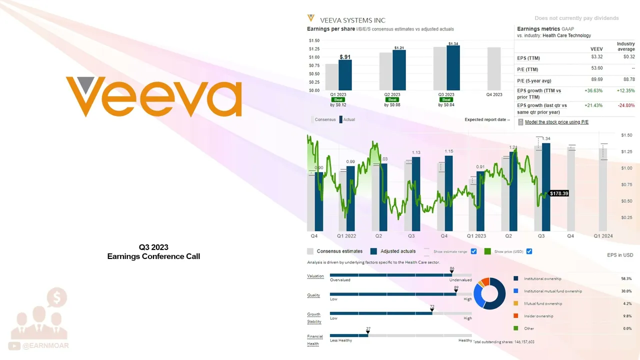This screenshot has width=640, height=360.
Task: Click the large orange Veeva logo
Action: click(154, 96)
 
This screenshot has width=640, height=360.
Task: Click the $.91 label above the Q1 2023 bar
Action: click(344, 57)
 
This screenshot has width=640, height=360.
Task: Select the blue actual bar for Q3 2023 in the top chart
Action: click(453, 68)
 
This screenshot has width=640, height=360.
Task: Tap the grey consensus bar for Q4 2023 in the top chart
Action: click(494, 69)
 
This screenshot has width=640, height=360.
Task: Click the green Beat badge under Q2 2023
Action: click(392, 100)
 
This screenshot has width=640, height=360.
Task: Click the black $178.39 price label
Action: click(559, 193)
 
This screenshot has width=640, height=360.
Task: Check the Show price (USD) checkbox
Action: click(529, 251)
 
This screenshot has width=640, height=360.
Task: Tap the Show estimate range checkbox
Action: click(473, 251)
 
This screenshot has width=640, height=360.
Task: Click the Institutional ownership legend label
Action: click(542, 278)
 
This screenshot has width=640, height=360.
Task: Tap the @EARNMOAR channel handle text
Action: click(46, 345)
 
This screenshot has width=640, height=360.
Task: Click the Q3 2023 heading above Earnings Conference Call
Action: click(153, 247)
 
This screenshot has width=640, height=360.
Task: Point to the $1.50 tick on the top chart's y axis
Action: click(314, 40)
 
